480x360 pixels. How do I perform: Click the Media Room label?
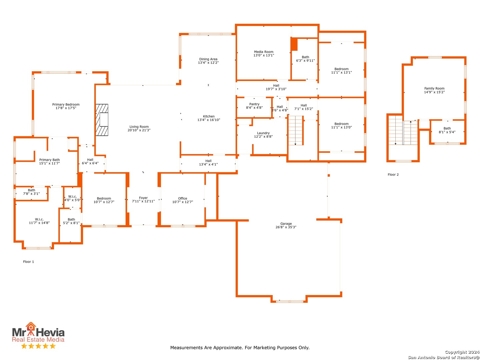(x=264, y=52)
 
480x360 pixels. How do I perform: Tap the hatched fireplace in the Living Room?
(x=102, y=120)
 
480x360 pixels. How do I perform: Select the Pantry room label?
(x=254, y=104)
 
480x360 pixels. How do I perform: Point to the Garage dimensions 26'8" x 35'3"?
(x=286, y=227)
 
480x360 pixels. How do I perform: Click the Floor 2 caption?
(x=393, y=174)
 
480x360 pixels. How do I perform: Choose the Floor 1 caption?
(x=28, y=262)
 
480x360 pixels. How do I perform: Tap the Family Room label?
(x=434, y=89)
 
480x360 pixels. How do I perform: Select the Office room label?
(x=182, y=198)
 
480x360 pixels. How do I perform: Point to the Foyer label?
(x=143, y=198)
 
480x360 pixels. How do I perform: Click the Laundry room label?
(x=263, y=133)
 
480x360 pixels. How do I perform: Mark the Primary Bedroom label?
(x=66, y=104)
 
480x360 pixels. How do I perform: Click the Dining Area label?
(x=208, y=59)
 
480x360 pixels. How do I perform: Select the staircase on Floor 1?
(x=296, y=130)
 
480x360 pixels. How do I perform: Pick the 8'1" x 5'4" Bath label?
(x=447, y=130)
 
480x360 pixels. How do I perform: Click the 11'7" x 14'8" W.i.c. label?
(x=39, y=221)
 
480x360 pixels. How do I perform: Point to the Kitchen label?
(x=209, y=116)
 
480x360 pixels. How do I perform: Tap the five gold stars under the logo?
(x=38, y=346)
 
